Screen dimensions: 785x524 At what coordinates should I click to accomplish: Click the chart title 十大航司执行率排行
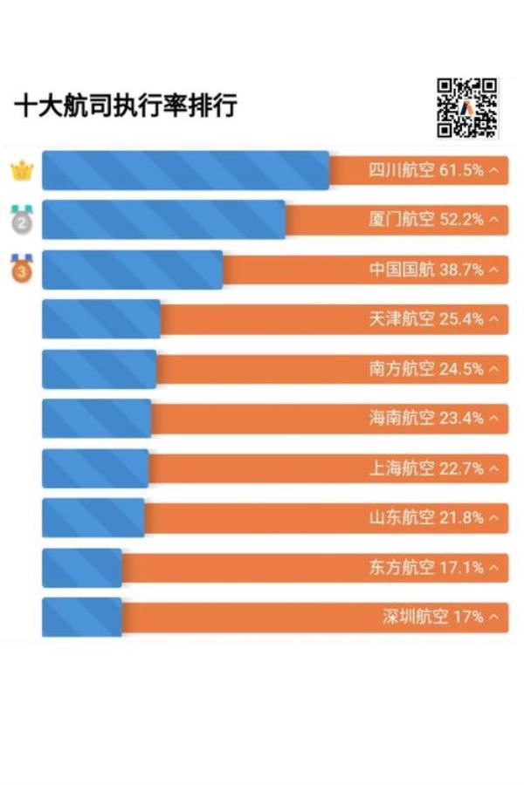pos(126,107)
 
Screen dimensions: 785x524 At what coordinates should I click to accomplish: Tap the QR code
pos(467,108)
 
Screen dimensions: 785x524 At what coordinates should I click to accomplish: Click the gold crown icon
pos(20,170)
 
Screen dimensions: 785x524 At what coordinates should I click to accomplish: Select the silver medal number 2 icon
pos(21,220)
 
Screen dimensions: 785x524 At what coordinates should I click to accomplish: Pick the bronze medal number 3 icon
pos(21,270)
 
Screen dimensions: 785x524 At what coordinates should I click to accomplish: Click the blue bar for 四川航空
pos(185,170)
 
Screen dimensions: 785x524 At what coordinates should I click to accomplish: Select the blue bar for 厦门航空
pos(163,220)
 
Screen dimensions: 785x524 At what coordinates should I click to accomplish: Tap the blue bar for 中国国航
pos(132,270)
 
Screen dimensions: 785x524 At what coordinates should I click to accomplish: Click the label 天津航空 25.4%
pos(426,319)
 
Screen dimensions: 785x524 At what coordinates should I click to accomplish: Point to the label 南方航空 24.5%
pos(426,369)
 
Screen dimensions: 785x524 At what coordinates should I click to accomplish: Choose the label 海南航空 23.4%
pos(426,419)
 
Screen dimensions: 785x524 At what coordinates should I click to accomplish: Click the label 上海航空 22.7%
pos(426,468)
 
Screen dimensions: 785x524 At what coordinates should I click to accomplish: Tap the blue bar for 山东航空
pos(93,518)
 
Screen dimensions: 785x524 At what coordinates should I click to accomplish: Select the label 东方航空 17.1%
pos(426,568)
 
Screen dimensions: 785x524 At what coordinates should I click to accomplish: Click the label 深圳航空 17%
pos(433,618)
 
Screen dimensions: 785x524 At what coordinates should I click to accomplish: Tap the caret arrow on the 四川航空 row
pos(495,171)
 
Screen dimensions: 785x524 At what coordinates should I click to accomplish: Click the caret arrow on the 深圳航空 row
pos(495,618)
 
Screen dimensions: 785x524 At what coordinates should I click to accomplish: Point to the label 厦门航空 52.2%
pos(426,220)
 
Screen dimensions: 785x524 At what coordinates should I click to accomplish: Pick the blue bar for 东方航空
pos(81,568)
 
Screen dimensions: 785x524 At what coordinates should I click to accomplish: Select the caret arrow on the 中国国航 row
pos(495,270)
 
